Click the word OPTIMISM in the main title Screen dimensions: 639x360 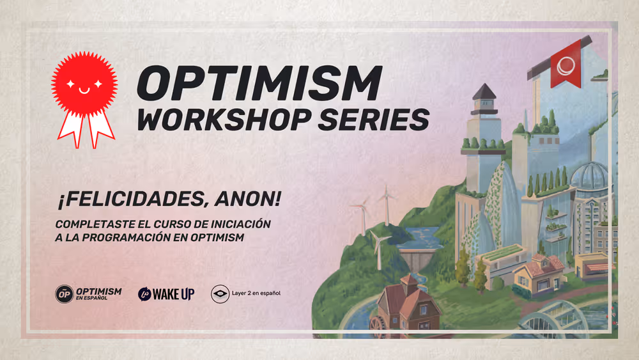click(259, 83)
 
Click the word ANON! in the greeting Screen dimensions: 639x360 click(248, 199)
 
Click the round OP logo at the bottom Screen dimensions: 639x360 click(65, 294)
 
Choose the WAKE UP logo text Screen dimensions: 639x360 click(174, 293)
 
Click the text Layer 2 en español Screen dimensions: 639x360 click(256, 293)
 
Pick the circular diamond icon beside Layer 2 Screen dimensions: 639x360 click(220, 294)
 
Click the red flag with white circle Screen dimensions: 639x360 click(566, 65)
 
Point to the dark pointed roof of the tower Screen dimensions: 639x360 click(484, 91)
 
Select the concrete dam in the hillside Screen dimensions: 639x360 click(415, 259)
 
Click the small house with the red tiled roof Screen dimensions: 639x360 click(539, 273)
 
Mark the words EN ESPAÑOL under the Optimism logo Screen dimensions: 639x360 click(91, 298)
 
